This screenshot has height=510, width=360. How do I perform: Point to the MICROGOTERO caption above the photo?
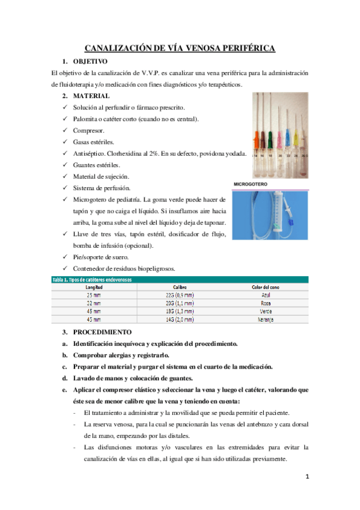(251, 183)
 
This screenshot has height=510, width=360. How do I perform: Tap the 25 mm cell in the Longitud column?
(93, 295)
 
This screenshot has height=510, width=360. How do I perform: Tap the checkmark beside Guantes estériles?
(65, 165)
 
